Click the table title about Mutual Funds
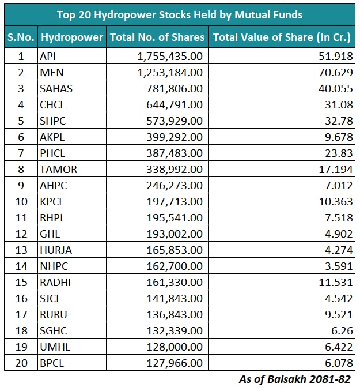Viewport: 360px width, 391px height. (x=179, y=14)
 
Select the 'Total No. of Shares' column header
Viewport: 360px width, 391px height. (x=157, y=37)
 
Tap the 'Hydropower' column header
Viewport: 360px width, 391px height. (x=71, y=37)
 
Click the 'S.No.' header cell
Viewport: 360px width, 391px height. (x=21, y=37)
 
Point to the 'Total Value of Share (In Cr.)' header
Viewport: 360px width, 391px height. (x=282, y=37)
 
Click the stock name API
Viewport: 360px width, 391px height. (x=48, y=56)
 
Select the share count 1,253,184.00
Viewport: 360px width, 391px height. (x=170, y=72)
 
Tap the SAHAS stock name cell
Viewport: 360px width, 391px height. (x=56, y=88)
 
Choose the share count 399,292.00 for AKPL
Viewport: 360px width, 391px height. (x=175, y=137)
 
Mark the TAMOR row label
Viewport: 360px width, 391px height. (x=58, y=169)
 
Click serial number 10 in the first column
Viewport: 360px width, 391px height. (x=21, y=201)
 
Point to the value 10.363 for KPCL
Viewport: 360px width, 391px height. (x=337, y=201)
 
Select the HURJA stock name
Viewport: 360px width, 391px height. (x=56, y=250)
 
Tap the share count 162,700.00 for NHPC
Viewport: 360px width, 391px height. (x=175, y=266)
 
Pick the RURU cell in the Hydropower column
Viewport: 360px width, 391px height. (x=54, y=314)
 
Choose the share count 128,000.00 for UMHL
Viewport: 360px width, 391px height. (x=175, y=347)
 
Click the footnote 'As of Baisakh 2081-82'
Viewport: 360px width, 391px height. (x=294, y=379)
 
